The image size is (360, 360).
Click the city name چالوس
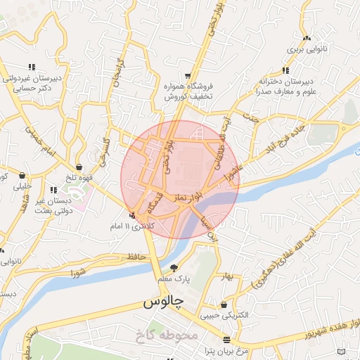click(x=163, y=302)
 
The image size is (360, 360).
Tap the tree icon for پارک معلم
click(x=174, y=267)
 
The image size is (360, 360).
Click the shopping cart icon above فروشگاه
click(x=188, y=75)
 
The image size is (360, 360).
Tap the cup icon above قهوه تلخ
click(x=80, y=167)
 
